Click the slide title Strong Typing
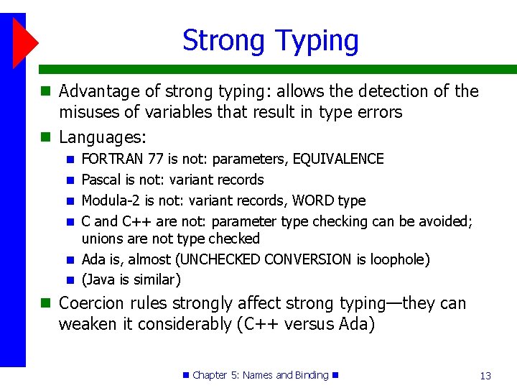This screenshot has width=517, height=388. (x=270, y=40)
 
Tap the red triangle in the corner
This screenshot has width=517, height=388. (x=24, y=41)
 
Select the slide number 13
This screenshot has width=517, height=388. (x=485, y=375)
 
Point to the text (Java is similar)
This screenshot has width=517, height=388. (x=131, y=280)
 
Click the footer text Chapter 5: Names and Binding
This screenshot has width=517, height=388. (x=260, y=375)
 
